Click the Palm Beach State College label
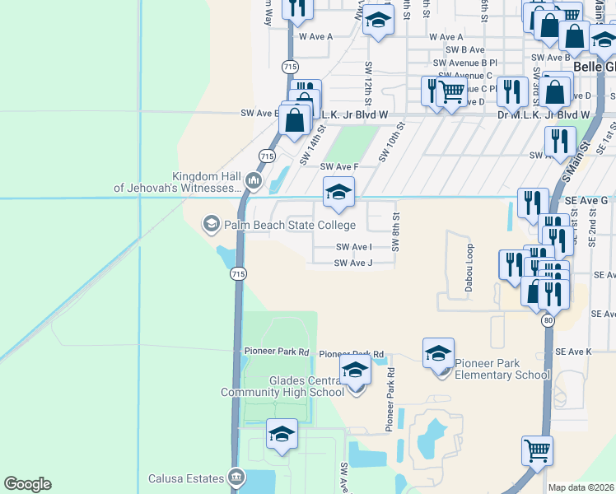tap(288, 225)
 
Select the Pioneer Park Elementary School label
tap(502, 369)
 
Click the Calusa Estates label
tap(186, 478)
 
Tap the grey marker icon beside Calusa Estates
tap(237, 478)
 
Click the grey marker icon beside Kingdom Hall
tap(254, 181)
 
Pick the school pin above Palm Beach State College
tap(338, 192)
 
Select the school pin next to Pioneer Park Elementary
tap(438, 353)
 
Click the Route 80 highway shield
tap(548, 322)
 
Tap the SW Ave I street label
tap(354, 247)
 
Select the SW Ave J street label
tap(354, 263)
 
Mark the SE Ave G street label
tap(586, 200)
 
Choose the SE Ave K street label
tap(574, 352)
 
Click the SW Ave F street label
tap(340, 167)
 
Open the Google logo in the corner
tap(28, 484)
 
